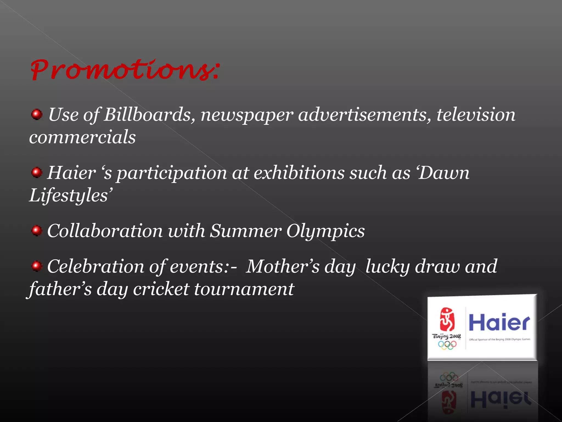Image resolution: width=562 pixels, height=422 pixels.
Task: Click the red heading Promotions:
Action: click(x=125, y=70)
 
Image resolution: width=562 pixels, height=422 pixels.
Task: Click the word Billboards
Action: click(x=147, y=115)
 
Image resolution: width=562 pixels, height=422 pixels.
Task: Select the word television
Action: click(x=476, y=115)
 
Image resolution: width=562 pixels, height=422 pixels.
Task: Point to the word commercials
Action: click(x=82, y=137)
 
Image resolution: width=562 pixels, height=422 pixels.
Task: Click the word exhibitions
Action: click(x=299, y=173)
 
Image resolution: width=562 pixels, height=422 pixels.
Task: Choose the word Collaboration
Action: click(x=105, y=231)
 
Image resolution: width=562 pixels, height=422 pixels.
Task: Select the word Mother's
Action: click(x=282, y=266)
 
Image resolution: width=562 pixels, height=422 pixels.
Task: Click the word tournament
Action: click(x=244, y=289)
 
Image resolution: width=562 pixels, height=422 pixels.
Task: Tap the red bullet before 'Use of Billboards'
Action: click(x=36, y=114)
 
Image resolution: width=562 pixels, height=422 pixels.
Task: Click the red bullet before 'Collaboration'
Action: click(x=36, y=231)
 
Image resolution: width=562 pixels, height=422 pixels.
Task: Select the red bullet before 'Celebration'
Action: click(x=36, y=266)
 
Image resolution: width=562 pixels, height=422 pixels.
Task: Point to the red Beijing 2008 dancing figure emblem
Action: click(x=447, y=320)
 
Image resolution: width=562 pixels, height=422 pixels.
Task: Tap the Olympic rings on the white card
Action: click(x=447, y=345)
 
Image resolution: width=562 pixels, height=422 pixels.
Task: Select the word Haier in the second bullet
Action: click(x=71, y=173)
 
